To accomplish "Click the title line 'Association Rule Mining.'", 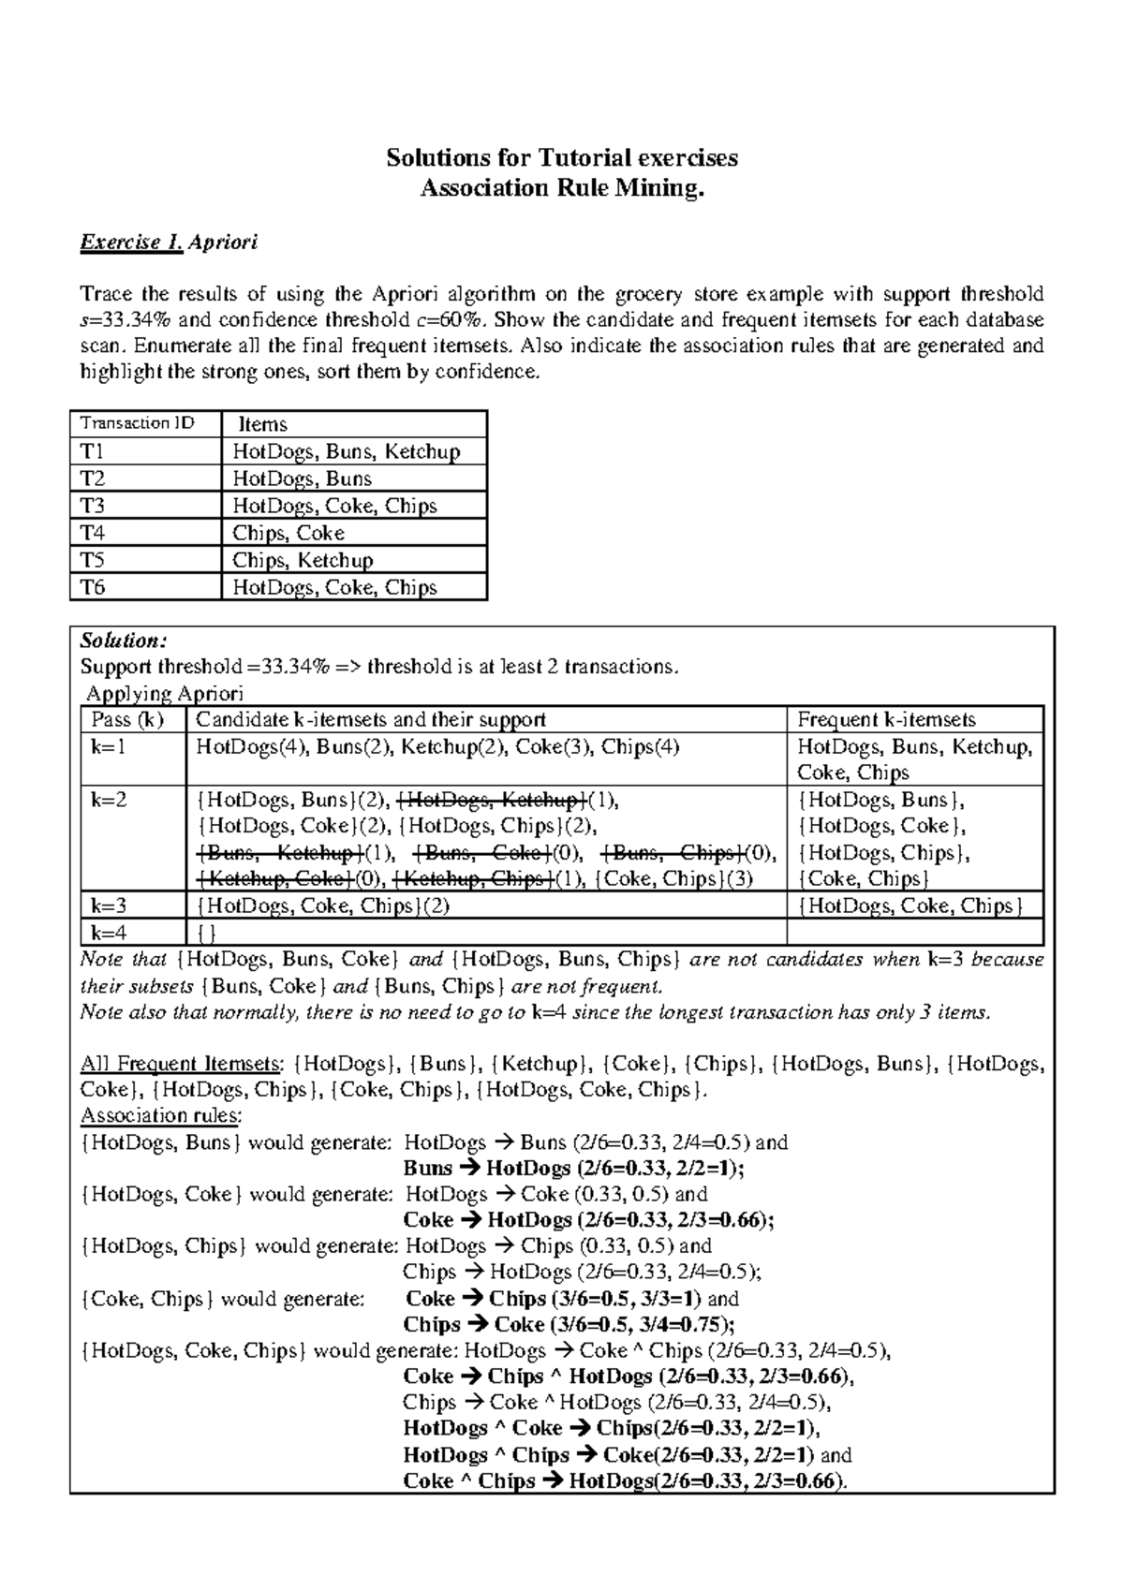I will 561,188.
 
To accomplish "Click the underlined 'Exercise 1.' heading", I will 131,243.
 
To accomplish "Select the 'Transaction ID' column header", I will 137,423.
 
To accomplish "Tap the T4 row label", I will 94,533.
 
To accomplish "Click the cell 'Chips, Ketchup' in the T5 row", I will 303,560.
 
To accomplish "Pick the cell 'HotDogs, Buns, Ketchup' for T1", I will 346,451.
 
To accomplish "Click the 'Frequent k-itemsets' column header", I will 886,719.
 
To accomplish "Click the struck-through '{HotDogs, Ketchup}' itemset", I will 493,800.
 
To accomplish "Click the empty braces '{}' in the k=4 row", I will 205,933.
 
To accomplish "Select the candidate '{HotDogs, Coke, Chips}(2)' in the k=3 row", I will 322,905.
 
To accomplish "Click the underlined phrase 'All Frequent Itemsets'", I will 180,1064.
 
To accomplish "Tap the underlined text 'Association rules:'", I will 160,1115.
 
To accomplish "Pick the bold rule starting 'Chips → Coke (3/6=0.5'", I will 569,1324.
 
